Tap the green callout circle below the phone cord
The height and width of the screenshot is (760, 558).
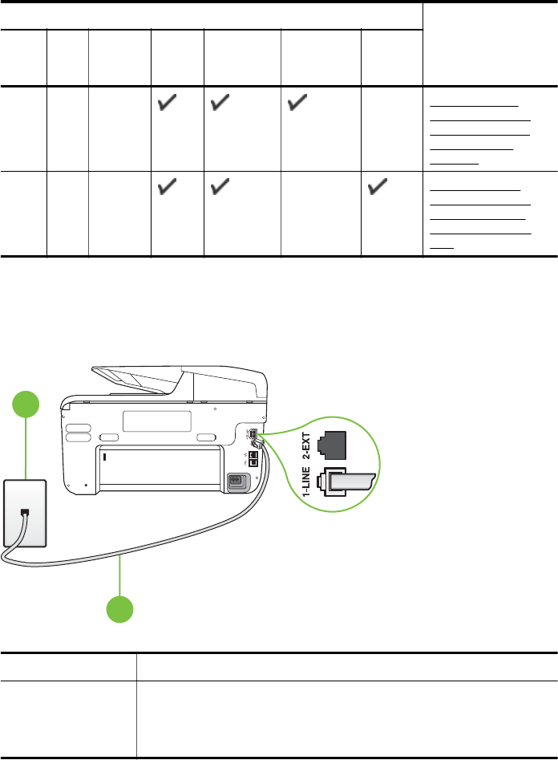pos(120,608)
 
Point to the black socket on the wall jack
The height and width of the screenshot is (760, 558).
pos(26,512)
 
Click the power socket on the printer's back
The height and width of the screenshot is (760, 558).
pos(237,482)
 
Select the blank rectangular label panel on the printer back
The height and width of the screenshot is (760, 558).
pos(157,421)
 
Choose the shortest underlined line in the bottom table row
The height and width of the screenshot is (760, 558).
pos(442,247)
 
